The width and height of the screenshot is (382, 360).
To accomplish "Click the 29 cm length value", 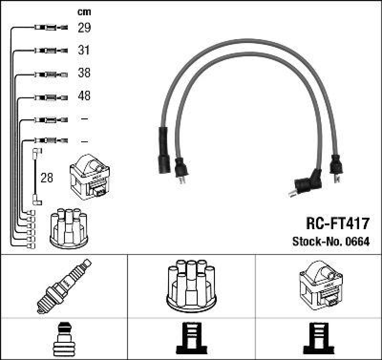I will pos(84,28).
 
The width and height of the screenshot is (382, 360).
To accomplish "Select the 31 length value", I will pos(84,50).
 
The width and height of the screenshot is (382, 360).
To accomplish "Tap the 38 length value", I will pos(84,73).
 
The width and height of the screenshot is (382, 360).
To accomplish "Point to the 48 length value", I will pos(84,96).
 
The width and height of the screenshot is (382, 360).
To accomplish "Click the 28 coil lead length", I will pos(47,178).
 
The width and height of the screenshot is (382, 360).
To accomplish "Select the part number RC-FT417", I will pos(337,223).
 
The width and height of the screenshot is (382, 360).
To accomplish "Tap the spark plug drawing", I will pos(64,285).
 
